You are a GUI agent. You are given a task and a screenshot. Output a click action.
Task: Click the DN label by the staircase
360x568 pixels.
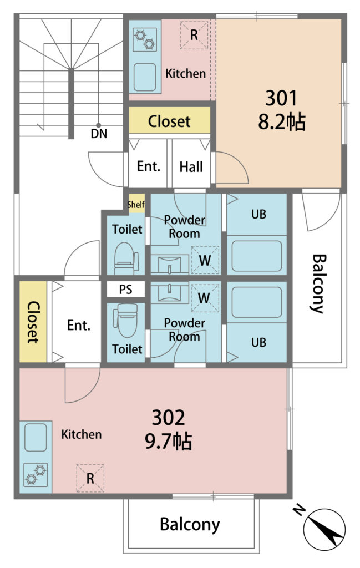[x=99, y=134]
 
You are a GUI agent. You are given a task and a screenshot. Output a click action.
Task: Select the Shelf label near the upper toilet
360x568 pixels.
[x=136, y=205]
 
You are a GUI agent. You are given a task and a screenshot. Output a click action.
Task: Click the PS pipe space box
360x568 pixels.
[x=126, y=290]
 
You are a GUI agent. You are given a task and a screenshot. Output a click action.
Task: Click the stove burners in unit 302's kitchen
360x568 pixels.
[x=36, y=475]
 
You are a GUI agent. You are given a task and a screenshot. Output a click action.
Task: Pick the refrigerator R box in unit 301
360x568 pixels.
[x=194, y=35]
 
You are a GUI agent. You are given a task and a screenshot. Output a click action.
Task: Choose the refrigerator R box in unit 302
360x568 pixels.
[x=90, y=478]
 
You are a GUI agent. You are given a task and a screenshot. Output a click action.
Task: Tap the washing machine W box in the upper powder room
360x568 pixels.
[x=205, y=260]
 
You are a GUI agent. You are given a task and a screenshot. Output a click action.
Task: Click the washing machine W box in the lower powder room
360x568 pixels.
[x=205, y=298]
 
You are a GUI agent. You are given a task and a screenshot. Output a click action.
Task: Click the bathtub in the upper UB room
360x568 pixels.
[x=257, y=256]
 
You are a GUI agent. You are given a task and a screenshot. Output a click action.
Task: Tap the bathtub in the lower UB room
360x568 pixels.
[x=257, y=302]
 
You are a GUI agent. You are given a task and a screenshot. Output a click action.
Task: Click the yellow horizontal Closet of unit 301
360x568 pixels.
[x=170, y=120]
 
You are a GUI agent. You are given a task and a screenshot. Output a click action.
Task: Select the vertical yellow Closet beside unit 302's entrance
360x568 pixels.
[x=33, y=322]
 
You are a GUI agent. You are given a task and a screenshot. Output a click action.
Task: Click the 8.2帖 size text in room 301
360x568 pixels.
[x=282, y=121]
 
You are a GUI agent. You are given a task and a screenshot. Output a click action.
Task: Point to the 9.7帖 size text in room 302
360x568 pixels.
[x=169, y=441]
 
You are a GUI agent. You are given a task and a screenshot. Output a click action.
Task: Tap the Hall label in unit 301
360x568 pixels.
[x=191, y=167]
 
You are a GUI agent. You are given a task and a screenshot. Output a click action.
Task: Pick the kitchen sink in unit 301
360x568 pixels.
[x=145, y=77]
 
